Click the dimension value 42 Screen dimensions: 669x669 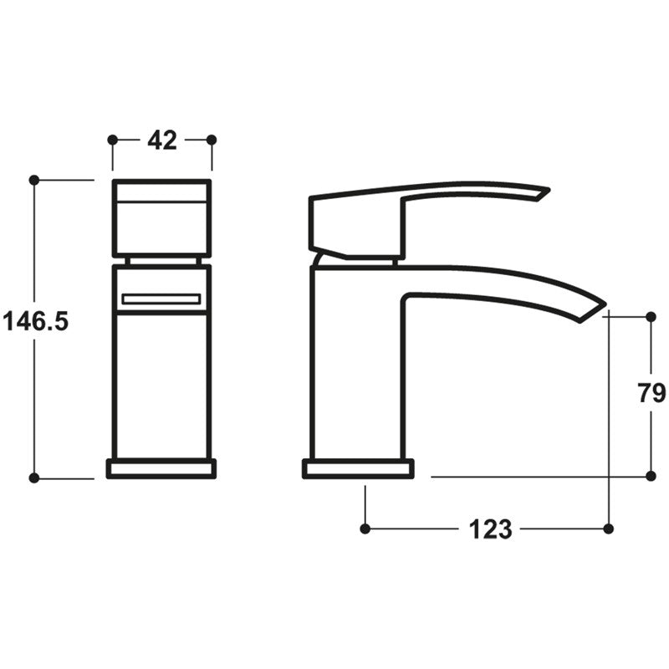coord(162,140)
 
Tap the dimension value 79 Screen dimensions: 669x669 coord(651,392)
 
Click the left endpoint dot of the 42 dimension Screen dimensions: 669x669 coord(113,140)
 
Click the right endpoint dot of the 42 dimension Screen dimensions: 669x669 coord(212,140)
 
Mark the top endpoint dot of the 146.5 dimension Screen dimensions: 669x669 coord(34,180)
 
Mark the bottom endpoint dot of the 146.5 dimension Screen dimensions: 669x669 coord(34,477)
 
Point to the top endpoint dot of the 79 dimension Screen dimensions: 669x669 coord(651,317)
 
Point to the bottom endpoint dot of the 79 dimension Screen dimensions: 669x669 coord(651,476)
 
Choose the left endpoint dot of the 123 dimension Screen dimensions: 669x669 coord(365,529)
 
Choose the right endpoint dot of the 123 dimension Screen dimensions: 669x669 coord(608,529)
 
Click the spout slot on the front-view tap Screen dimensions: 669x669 coord(161,299)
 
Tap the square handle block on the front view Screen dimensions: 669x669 coord(161,217)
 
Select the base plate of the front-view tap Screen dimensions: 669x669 coord(161,468)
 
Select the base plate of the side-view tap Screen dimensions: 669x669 coord(358,468)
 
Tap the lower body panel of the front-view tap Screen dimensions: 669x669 coord(161,385)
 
